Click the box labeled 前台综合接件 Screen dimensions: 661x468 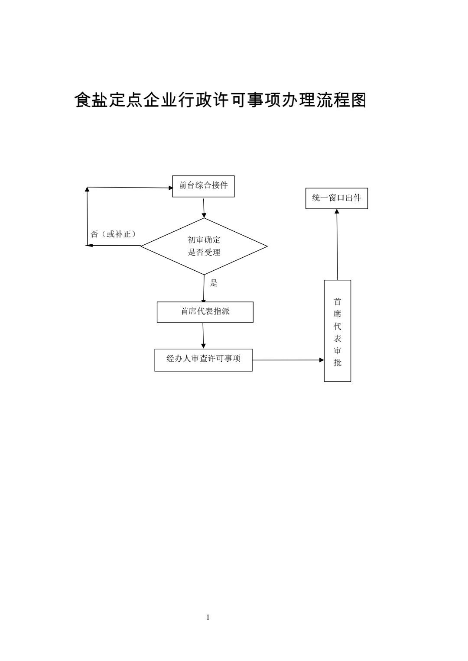click(x=203, y=186)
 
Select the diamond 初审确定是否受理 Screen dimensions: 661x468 click(x=204, y=246)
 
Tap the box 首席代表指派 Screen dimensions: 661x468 click(x=205, y=312)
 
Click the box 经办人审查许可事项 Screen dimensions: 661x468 click(x=203, y=360)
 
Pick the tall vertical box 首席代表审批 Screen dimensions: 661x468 click(x=337, y=331)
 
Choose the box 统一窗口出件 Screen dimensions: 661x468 click(x=336, y=198)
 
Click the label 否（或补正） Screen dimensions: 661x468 click(x=113, y=234)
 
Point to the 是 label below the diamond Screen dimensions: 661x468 click(x=214, y=283)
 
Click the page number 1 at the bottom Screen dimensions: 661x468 click(x=208, y=617)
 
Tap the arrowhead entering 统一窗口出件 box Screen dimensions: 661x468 click(x=337, y=211)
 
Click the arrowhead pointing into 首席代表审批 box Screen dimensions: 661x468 click(x=322, y=360)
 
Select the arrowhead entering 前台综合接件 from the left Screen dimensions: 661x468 click(x=170, y=188)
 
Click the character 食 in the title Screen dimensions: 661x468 click(x=83, y=100)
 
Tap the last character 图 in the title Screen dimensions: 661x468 click(x=359, y=100)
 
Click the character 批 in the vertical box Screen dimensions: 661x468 click(x=337, y=363)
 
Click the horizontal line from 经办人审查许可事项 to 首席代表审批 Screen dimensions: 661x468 click(x=286, y=360)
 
